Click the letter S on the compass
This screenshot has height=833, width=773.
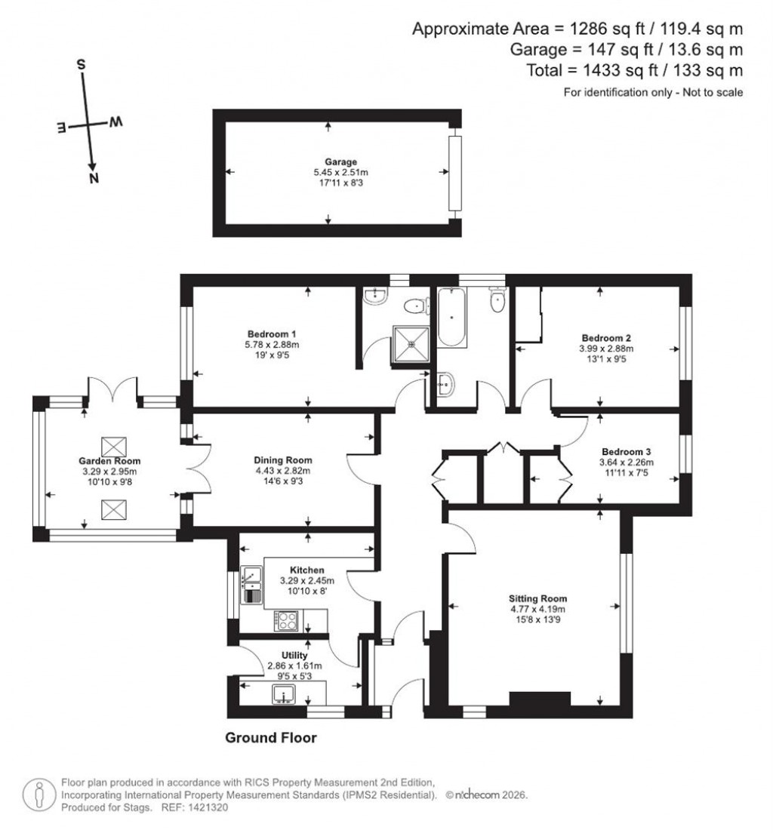tap(80, 64)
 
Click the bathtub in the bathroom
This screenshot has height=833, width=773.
tap(452, 318)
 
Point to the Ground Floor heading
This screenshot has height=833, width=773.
tap(271, 738)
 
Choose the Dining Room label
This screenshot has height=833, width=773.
tap(283, 460)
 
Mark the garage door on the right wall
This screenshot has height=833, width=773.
tap(454, 174)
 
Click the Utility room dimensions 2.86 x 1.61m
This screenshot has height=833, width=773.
tap(294, 666)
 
